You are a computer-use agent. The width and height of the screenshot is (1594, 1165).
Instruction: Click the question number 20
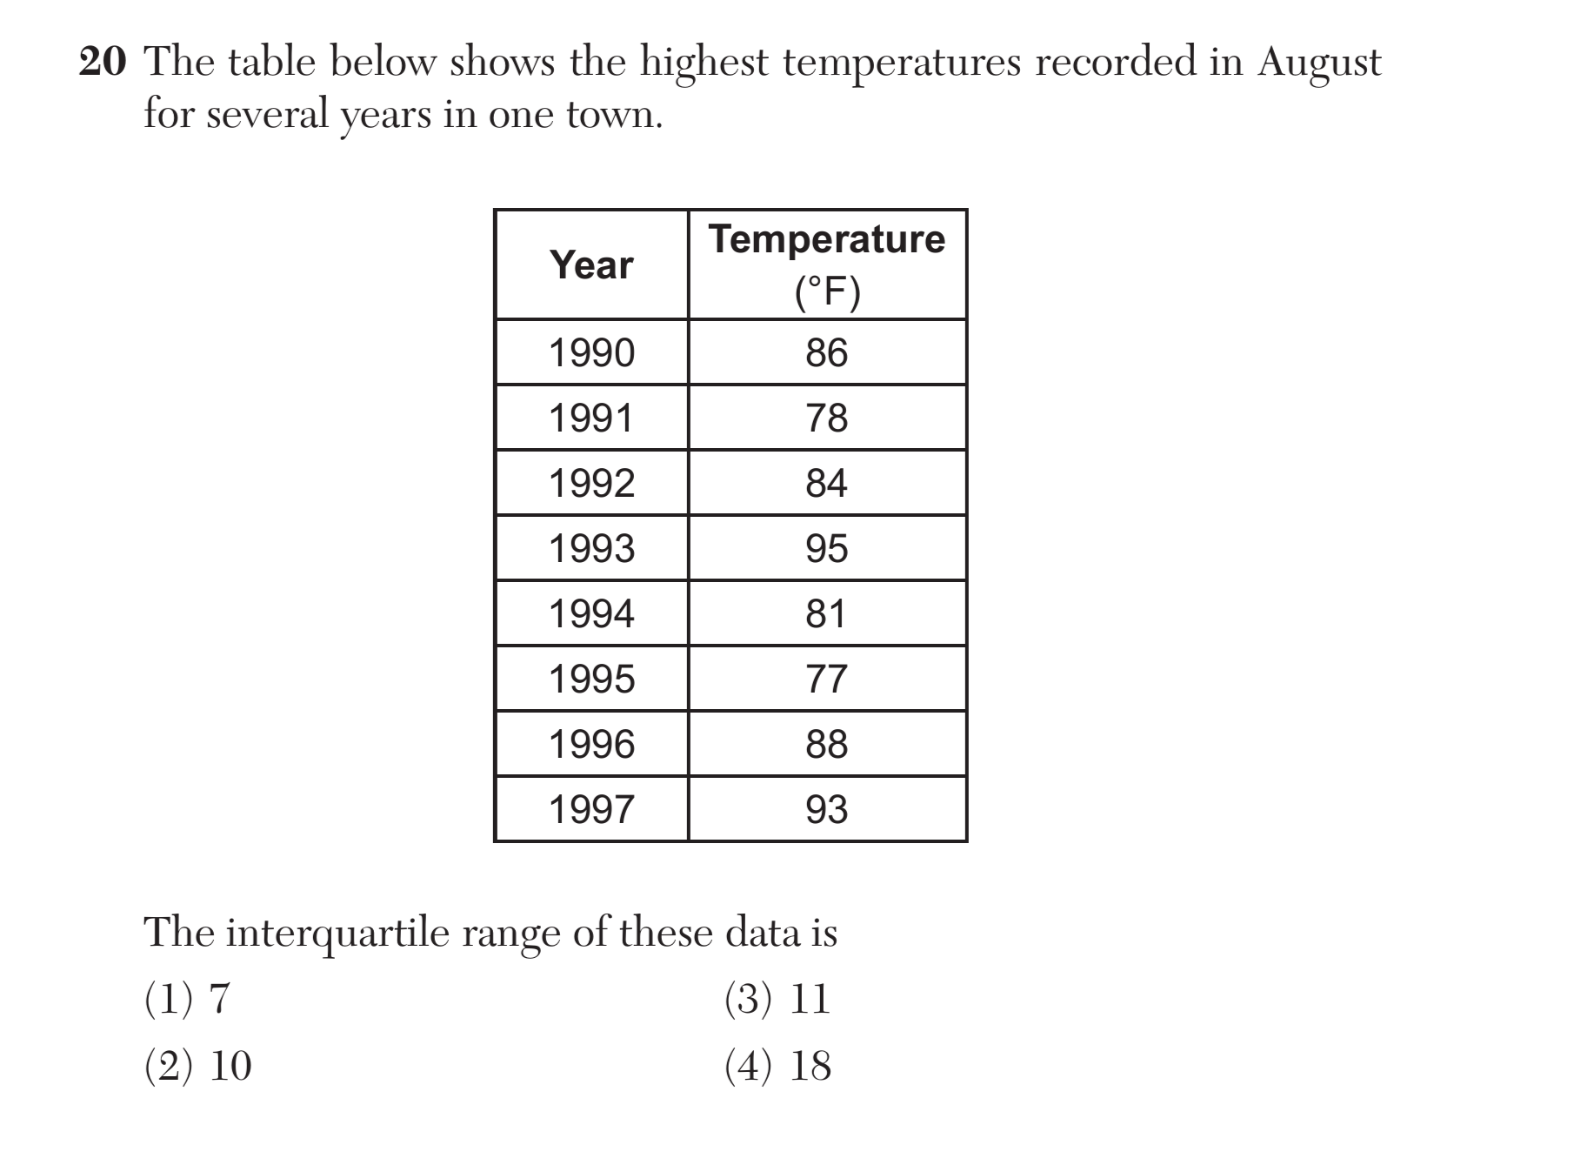[x=103, y=63]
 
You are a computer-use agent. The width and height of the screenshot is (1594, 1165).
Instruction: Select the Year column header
[x=591, y=264]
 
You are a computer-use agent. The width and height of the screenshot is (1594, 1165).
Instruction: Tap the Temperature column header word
[x=826, y=239]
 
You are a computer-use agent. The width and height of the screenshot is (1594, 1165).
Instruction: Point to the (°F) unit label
[x=827, y=292]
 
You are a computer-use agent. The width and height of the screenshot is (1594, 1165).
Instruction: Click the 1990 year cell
[x=591, y=353]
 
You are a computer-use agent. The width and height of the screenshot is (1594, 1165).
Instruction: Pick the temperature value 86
[x=826, y=353]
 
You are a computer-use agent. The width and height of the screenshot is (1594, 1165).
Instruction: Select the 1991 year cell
[x=591, y=418]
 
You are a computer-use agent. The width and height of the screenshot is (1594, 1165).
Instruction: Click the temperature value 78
[x=826, y=418]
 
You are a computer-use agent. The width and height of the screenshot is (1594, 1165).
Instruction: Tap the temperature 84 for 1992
[x=826, y=484]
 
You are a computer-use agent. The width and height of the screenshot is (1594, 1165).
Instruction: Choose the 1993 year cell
[x=591, y=549]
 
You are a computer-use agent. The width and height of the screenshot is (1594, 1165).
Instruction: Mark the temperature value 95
[x=826, y=549]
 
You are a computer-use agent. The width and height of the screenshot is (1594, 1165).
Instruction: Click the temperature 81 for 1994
[x=826, y=614]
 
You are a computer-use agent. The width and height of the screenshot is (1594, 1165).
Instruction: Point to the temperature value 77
[x=826, y=680]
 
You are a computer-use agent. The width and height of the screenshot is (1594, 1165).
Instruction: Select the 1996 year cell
[x=591, y=745]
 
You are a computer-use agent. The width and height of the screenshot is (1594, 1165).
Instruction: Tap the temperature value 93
[x=826, y=810]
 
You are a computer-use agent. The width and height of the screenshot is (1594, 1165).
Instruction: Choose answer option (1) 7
[x=187, y=999]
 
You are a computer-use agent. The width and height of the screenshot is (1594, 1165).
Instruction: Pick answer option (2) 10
[x=197, y=1066]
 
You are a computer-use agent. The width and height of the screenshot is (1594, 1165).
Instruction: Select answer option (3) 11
[x=777, y=999]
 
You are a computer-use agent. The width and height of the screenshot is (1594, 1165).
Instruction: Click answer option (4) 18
[x=777, y=1066]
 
